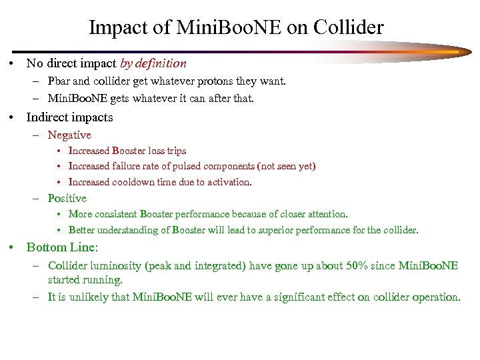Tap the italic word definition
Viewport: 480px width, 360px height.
tap(162, 64)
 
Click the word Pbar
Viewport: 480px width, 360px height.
tap(59, 81)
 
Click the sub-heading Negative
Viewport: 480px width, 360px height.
tap(69, 135)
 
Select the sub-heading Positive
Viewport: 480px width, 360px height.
tap(67, 198)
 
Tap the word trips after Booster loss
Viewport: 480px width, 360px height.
tap(175, 151)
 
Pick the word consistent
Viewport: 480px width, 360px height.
tap(115, 214)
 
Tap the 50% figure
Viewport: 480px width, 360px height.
tap(353, 265)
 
